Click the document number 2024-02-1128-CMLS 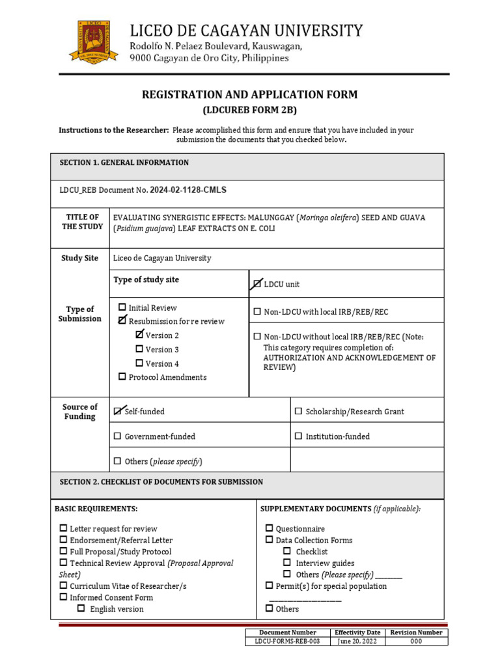pyautogui.click(x=188, y=190)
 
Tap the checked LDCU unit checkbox pyautogui.click(x=257, y=284)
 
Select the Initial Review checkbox pyautogui.click(x=122, y=307)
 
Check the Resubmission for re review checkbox pyautogui.click(x=122, y=320)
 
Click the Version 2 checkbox pyautogui.click(x=139, y=335)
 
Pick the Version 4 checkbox pyautogui.click(x=139, y=363)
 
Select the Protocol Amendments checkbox pyautogui.click(x=122, y=377)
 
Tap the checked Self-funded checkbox pyautogui.click(x=118, y=411)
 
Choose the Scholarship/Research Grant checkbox pyautogui.click(x=299, y=412)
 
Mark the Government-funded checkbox pyautogui.click(x=118, y=436)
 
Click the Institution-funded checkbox pyautogui.click(x=299, y=436)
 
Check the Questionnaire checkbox pyautogui.click(x=269, y=529)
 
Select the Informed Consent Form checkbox pyautogui.click(x=63, y=597)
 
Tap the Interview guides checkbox pyautogui.click(x=286, y=563)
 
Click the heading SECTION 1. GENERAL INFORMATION pyautogui.click(x=124, y=163)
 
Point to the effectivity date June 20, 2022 pyautogui.click(x=357, y=641)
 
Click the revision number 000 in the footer pyautogui.click(x=416, y=641)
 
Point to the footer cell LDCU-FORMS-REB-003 pyautogui.click(x=287, y=641)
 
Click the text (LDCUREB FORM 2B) pyautogui.click(x=250, y=109)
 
